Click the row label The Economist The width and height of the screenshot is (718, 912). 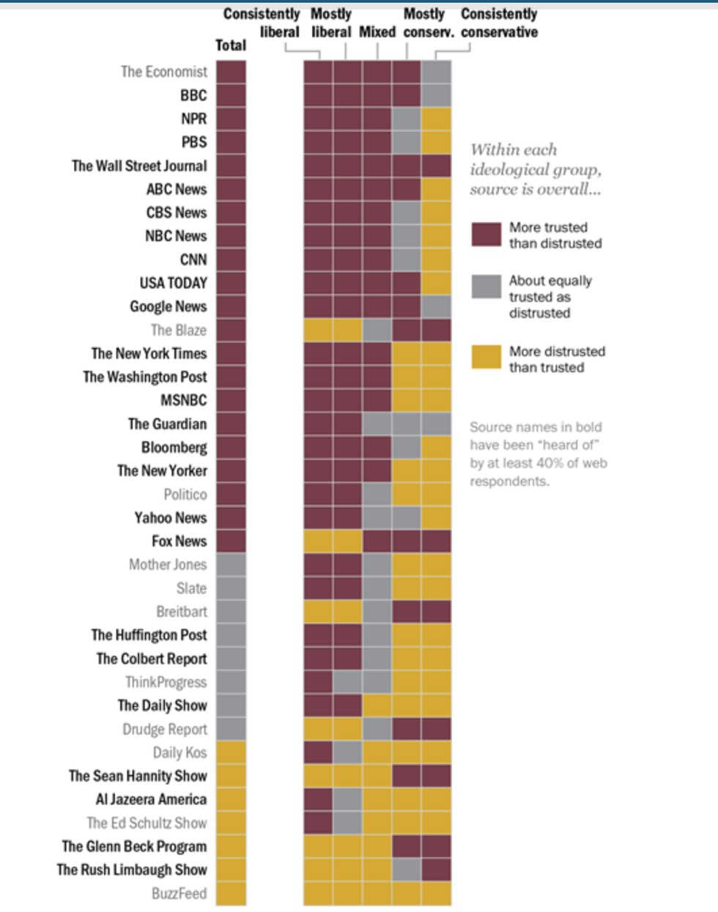[164, 72]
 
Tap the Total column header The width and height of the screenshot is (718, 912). [231, 45]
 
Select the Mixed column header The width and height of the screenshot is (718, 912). [377, 32]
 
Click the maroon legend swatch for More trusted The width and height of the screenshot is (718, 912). [486, 235]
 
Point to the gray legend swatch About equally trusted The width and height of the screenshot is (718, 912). [486, 286]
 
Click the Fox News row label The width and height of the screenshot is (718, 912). [179, 541]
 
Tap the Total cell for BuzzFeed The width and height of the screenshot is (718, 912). [231, 894]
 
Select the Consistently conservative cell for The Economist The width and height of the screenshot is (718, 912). [436, 72]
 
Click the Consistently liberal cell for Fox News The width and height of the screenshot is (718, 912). [319, 541]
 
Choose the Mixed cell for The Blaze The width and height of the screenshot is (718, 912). [377, 330]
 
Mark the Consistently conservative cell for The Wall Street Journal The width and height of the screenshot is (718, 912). [436, 166]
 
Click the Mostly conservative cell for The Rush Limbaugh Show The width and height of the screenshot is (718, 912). [407, 870]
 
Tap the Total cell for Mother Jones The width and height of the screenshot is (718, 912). [231, 565]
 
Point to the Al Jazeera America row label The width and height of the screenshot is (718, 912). [151, 800]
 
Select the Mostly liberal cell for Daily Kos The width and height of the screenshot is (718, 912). [348, 753]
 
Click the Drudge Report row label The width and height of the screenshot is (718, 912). [165, 730]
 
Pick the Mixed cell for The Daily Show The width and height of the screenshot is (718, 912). [377, 706]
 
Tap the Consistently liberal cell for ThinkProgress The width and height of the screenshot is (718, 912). [319, 683]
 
